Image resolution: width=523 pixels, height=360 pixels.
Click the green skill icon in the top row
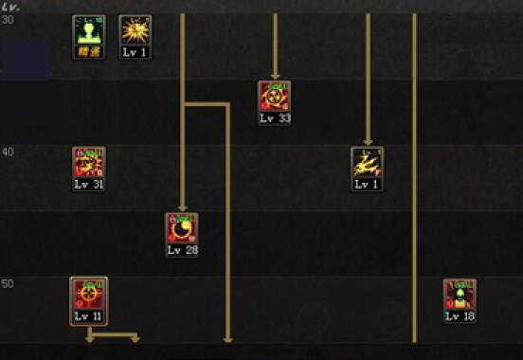pyautogui.click(x=89, y=30)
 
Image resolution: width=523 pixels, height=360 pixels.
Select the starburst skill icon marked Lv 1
pyautogui.click(x=135, y=30)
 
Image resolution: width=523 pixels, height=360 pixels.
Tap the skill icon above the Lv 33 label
pyautogui.click(x=274, y=97)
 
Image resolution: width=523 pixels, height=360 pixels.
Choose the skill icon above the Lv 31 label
pyautogui.click(x=89, y=162)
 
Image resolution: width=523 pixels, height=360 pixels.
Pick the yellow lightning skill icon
pyautogui.click(x=367, y=162)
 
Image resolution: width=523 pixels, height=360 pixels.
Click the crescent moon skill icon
pyautogui.click(x=181, y=227)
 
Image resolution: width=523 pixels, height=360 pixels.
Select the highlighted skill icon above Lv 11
pyautogui.click(x=89, y=294)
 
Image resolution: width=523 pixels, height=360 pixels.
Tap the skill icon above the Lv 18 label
pyautogui.click(x=460, y=294)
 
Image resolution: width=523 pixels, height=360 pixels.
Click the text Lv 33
pyautogui.click(x=274, y=119)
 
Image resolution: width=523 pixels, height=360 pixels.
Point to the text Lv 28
pyautogui.click(x=181, y=251)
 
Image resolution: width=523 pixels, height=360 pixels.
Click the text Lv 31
pyautogui.click(x=89, y=185)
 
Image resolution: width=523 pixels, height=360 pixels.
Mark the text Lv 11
pyautogui.click(x=89, y=316)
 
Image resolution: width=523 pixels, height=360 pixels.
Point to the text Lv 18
pyautogui.click(x=460, y=316)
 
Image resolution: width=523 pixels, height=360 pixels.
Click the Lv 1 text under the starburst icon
pyautogui.click(x=135, y=53)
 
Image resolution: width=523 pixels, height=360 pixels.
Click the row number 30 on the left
pyautogui.click(x=9, y=22)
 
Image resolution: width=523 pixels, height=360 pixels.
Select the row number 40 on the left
pyautogui.click(x=9, y=153)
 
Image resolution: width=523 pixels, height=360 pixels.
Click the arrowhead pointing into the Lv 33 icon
pyautogui.click(x=275, y=75)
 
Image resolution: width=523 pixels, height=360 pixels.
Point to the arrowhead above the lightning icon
pyautogui.click(x=368, y=141)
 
